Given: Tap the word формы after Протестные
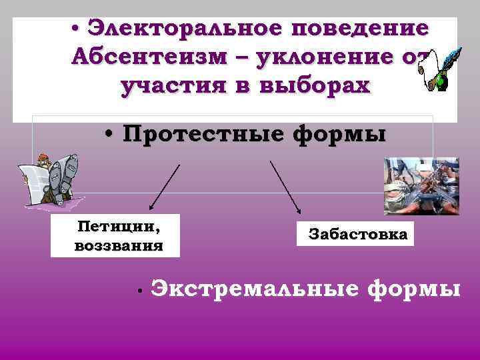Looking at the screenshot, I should coord(340,133).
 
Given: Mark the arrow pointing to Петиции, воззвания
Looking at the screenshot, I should coord(164,186).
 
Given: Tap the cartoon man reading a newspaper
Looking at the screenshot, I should coord(50,176).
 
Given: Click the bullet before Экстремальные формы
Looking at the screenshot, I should coord(135,292).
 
